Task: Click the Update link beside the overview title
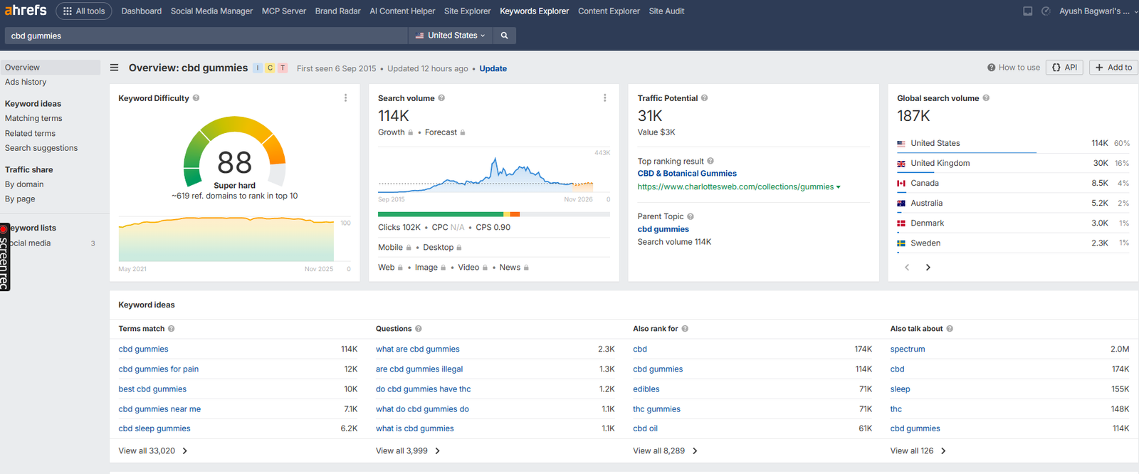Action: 493,69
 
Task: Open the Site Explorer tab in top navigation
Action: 467,11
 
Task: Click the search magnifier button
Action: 504,36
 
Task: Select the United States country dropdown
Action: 451,36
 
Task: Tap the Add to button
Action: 1113,68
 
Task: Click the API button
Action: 1064,68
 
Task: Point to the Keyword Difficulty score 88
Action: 234,163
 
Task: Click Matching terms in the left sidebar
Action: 33,119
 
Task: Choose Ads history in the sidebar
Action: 26,83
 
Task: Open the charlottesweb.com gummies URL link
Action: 735,187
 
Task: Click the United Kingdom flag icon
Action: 901,164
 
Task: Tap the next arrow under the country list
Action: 928,268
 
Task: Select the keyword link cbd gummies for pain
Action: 159,369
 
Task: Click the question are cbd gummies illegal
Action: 419,369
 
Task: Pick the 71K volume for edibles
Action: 865,389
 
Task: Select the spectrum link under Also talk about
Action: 908,349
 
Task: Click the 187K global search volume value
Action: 913,116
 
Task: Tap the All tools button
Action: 84,11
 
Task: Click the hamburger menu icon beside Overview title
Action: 114,68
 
